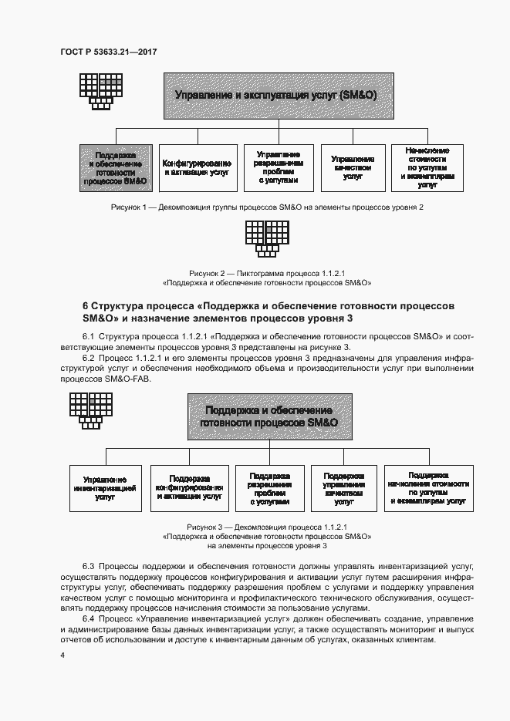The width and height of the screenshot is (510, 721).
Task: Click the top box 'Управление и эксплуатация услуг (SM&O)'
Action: pos(275,95)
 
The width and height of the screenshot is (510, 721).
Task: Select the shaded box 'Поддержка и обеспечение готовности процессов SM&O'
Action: pos(117,168)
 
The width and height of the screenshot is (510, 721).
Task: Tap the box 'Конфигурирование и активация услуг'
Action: pos(196,168)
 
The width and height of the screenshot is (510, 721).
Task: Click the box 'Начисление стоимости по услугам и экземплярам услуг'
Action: pos(427,167)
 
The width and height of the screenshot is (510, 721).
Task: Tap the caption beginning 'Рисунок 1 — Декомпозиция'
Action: pos(267,207)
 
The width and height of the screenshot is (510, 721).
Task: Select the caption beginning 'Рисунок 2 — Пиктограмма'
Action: pos(267,278)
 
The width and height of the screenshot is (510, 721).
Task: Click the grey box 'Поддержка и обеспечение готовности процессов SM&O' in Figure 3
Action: pos(269,416)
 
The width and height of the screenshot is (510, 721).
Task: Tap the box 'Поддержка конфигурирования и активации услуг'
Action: pos(190,488)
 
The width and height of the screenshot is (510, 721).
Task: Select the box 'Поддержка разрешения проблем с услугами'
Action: pos(269,488)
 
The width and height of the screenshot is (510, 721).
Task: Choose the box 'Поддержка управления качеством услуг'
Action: pos(344,488)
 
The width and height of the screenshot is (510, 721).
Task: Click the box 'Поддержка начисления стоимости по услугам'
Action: pos(428,488)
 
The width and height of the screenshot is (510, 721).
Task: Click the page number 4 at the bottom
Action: pos(62,655)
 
